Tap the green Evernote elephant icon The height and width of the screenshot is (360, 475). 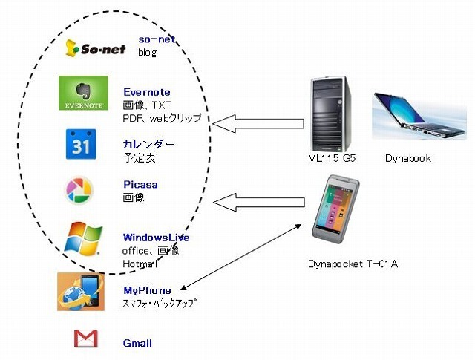pos(83,94)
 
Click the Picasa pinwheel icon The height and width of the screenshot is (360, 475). pos(80,190)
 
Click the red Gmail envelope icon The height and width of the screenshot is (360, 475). pos(86,339)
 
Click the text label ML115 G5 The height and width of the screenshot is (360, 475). pos(332,159)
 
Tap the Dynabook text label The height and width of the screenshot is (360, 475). pos(407,159)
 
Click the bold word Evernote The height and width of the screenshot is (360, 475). pos(147,92)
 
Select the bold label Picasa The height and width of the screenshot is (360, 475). pos(140,186)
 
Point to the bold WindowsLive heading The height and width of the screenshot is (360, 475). pos(156,238)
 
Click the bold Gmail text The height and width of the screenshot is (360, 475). pos(137,343)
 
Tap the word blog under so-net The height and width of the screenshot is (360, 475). pos(147,53)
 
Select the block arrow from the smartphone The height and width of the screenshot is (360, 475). pos(259,201)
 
